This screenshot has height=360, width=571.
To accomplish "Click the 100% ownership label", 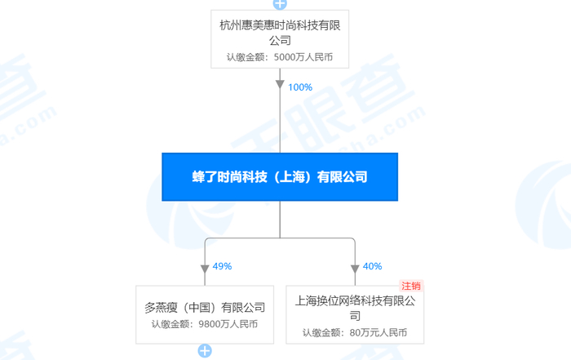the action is click(299, 87).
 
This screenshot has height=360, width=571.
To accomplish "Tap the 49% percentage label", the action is click(222, 266).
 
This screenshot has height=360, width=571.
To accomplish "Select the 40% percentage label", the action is click(373, 266).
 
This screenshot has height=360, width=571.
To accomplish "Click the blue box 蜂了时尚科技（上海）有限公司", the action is click(280, 176).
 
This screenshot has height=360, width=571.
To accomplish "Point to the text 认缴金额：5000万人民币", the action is click(280, 58).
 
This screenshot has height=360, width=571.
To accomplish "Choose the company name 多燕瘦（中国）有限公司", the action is click(205, 308).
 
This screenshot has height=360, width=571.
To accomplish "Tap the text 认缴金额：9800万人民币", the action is click(205, 324).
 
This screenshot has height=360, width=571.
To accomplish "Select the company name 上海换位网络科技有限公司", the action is click(356, 308).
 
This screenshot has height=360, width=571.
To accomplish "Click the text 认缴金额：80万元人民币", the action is click(355, 333).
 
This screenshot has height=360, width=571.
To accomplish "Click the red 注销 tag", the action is click(411, 286).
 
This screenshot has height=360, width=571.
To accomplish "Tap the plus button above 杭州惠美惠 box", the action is click(280, 3).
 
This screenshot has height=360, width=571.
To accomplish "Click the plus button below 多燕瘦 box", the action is click(205, 352).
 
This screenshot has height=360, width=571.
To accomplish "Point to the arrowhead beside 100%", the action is click(280, 85).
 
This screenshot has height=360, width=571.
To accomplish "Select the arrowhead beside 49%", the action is click(205, 269).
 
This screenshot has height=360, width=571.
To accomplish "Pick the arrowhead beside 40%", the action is click(355, 269).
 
